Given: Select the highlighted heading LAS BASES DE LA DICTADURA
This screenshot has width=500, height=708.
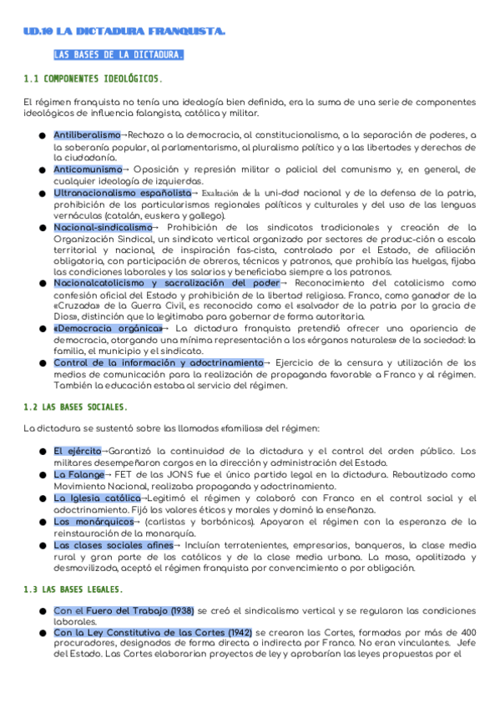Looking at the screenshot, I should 119,56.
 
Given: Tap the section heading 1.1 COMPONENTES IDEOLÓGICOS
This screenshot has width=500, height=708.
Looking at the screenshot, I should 93,79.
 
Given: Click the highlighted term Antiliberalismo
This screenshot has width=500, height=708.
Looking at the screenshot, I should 87,135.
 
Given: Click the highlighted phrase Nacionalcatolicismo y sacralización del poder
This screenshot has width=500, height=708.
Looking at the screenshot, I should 166,282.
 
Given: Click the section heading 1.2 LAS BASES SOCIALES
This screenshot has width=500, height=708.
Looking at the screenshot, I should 76,407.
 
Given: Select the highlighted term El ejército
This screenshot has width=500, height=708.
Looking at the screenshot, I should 77,451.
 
